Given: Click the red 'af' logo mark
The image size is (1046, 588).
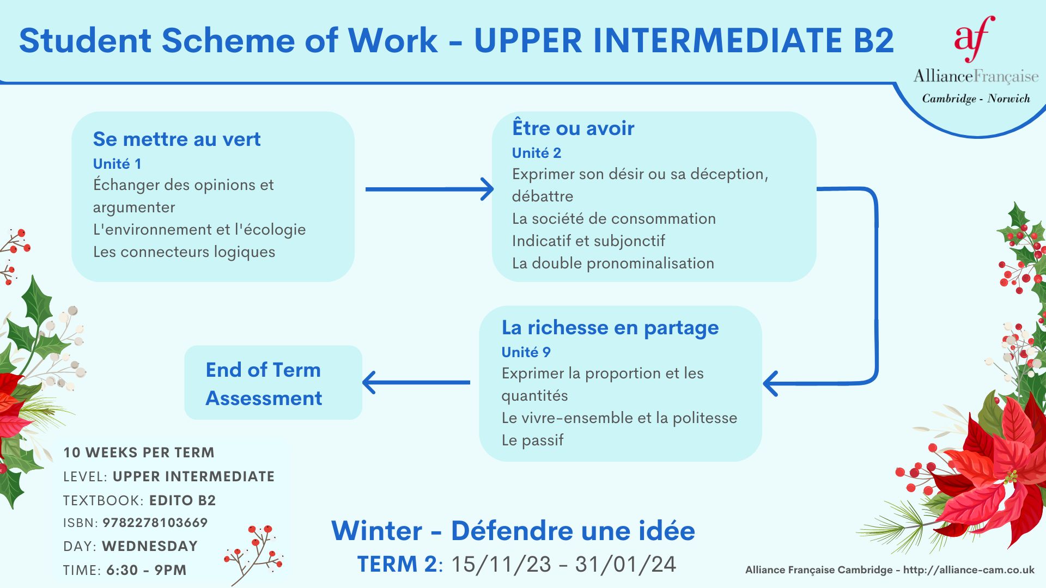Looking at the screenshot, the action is (975, 38).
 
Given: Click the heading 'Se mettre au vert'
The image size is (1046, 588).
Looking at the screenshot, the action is (177, 139).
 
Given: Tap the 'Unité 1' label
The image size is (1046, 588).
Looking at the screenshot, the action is (117, 164).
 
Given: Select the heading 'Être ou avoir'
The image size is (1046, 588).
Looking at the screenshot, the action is (573, 127).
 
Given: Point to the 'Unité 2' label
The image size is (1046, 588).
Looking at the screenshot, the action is (537, 153).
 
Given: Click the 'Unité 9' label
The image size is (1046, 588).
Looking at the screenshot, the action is (526, 352).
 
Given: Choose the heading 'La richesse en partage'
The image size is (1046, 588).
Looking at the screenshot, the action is (610, 328).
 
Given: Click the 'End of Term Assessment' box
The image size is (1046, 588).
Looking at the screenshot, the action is (273, 382).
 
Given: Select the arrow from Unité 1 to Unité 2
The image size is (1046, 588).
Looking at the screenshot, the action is (429, 189).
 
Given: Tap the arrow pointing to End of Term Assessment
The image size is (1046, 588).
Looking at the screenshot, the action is (416, 382).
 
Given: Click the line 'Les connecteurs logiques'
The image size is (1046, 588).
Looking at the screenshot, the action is (184, 252).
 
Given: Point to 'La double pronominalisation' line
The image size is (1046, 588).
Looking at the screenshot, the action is (613, 264).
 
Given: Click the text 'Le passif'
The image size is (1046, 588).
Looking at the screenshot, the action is (532, 440).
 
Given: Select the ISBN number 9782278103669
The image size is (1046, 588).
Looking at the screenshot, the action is (155, 523).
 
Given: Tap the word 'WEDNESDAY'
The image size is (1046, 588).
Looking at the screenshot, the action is (150, 546).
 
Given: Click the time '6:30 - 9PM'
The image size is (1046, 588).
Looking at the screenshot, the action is (147, 570).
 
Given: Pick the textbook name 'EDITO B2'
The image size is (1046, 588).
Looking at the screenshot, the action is (183, 500).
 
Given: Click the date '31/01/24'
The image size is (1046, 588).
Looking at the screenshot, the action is (625, 565).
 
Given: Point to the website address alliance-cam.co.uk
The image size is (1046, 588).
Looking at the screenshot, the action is (969, 570).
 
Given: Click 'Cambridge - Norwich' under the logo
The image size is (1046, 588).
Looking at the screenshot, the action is (976, 99).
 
